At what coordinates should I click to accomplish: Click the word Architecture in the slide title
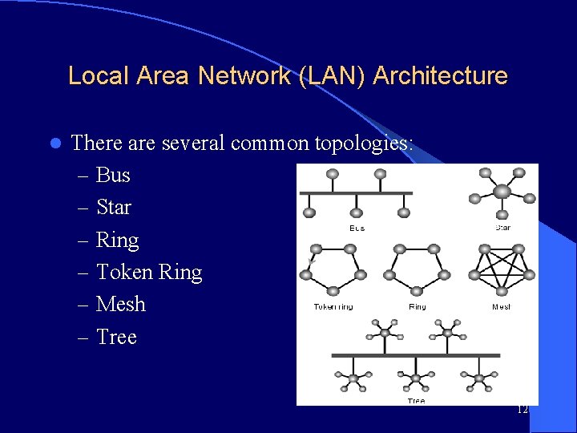point(440,76)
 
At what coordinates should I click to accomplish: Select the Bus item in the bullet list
point(113,176)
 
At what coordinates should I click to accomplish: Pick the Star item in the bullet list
point(114,208)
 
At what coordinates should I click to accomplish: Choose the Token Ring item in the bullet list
point(149,273)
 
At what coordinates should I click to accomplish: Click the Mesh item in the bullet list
point(121,305)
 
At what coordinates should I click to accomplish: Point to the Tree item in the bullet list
point(116,338)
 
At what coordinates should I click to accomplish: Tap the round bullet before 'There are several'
point(54,144)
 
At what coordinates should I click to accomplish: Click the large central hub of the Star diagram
point(502,192)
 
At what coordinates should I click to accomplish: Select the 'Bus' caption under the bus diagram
point(357,229)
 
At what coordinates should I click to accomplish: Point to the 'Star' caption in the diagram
point(502,228)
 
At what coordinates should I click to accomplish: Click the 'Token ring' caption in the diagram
point(333,307)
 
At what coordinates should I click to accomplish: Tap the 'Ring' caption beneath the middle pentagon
point(417,307)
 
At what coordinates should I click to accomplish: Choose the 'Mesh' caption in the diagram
point(502,307)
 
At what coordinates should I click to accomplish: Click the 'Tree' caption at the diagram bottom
point(416,400)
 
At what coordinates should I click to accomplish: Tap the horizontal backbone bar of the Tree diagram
point(416,355)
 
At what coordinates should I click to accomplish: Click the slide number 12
point(523,410)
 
